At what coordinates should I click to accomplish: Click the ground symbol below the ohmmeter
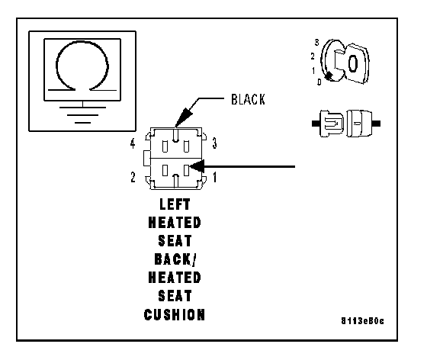tap(82, 114)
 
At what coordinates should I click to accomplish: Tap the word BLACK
tap(248, 99)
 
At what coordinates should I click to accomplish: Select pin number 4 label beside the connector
tap(133, 143)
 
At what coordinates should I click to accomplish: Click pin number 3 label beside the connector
tap(214, 143)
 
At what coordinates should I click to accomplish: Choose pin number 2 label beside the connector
tap(133, 177)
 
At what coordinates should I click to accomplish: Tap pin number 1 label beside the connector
tap(215, 177)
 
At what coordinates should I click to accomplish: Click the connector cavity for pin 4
tap(165, 146)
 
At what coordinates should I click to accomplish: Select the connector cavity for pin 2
tap(165, 170)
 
